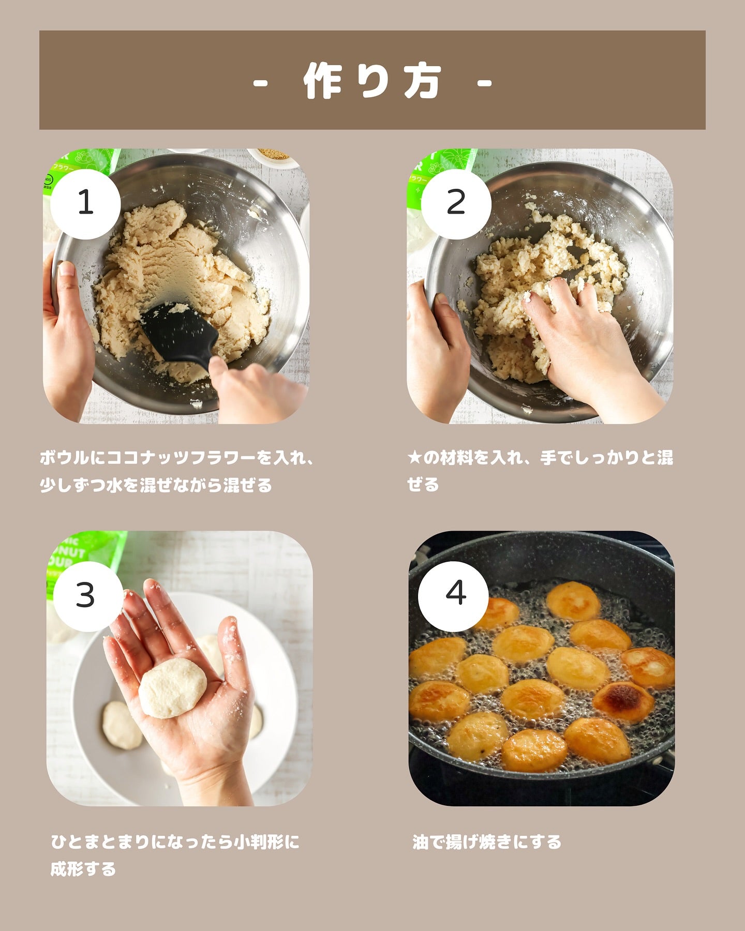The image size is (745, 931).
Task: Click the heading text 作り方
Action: pos(373,81)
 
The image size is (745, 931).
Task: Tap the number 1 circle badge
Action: pos(85,203)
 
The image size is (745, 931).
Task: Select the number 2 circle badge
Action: pos(456,203)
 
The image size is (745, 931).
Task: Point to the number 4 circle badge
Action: pos(453,596)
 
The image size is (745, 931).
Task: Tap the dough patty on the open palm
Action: pos(173,688)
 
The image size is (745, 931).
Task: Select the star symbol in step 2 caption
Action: pos(414,458)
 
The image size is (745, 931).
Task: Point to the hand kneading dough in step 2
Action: pos(585,341)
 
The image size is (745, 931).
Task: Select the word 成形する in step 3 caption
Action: pos(83,869)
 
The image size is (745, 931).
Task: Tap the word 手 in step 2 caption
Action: pos(548,458)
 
